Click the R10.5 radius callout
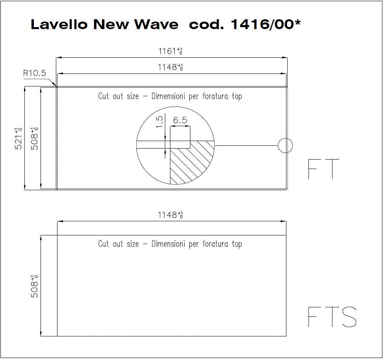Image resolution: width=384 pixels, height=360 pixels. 35,73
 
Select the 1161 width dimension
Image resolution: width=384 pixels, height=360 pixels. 170,51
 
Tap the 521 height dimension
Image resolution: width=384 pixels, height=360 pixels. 18,138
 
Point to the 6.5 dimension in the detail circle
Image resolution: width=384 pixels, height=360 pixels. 180,120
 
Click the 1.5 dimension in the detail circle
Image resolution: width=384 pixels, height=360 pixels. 159,122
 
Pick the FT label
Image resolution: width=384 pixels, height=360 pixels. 323,169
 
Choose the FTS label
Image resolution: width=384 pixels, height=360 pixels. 332,317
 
